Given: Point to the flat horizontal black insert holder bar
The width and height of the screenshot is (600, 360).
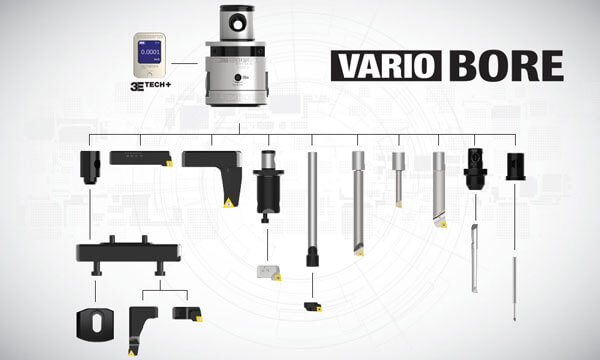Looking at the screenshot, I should (x=140, y=157).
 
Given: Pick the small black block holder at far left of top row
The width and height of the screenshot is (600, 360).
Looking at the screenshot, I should (x=90, y=166).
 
